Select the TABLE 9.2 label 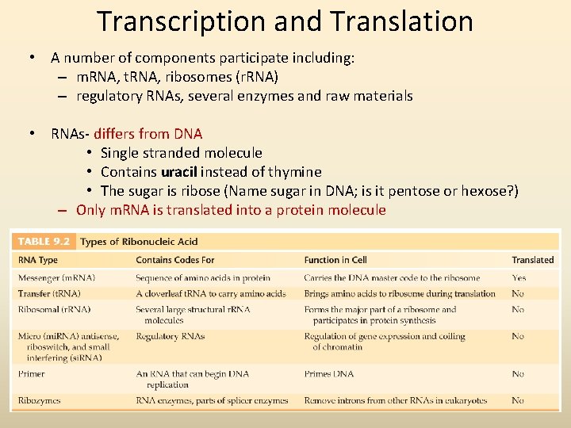[x=45, y=242]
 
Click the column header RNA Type [x=38, y=260]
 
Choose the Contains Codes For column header [x=174, y=260]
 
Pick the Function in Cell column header [x=336, y=260]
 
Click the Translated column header [x=532, y=260]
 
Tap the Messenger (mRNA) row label [x=56, y=278]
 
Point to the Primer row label [x=31, y=374]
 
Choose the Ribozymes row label [x=39, y=401]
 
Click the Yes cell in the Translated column [x=519, y=278]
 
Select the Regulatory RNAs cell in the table [x=171, y=337]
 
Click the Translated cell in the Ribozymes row [x=518, y=401]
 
